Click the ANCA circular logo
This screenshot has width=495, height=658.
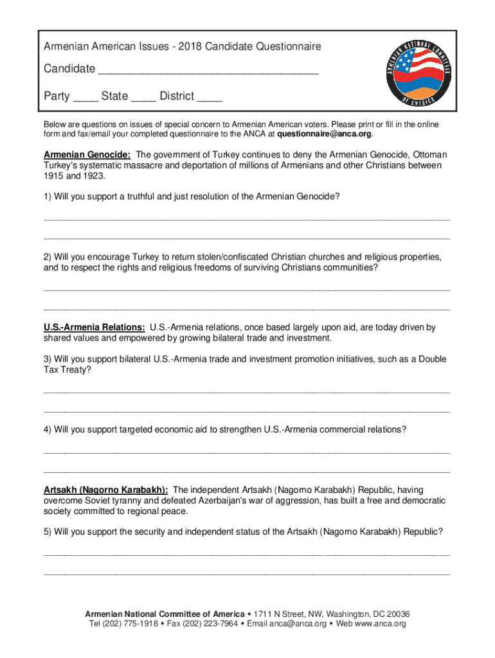(x=417, y=75)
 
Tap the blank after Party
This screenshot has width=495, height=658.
(x=85, y=100)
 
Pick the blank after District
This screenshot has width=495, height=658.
(x=210, y=100)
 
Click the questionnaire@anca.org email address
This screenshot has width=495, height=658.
(x=324, y=134)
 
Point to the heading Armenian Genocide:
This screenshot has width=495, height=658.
(x=87, y=155)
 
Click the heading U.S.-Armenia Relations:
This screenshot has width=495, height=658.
(x=94, y=328)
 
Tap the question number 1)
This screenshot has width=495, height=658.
(x=48, y=197)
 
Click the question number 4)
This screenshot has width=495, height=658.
(x=48, y=429)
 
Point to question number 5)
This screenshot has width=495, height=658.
(x=48, y=531)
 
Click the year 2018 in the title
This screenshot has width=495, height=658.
(x=192, y=47)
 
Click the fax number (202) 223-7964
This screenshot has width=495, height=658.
(x=212, y=624)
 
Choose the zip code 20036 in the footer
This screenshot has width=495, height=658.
(x=398, y=614)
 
